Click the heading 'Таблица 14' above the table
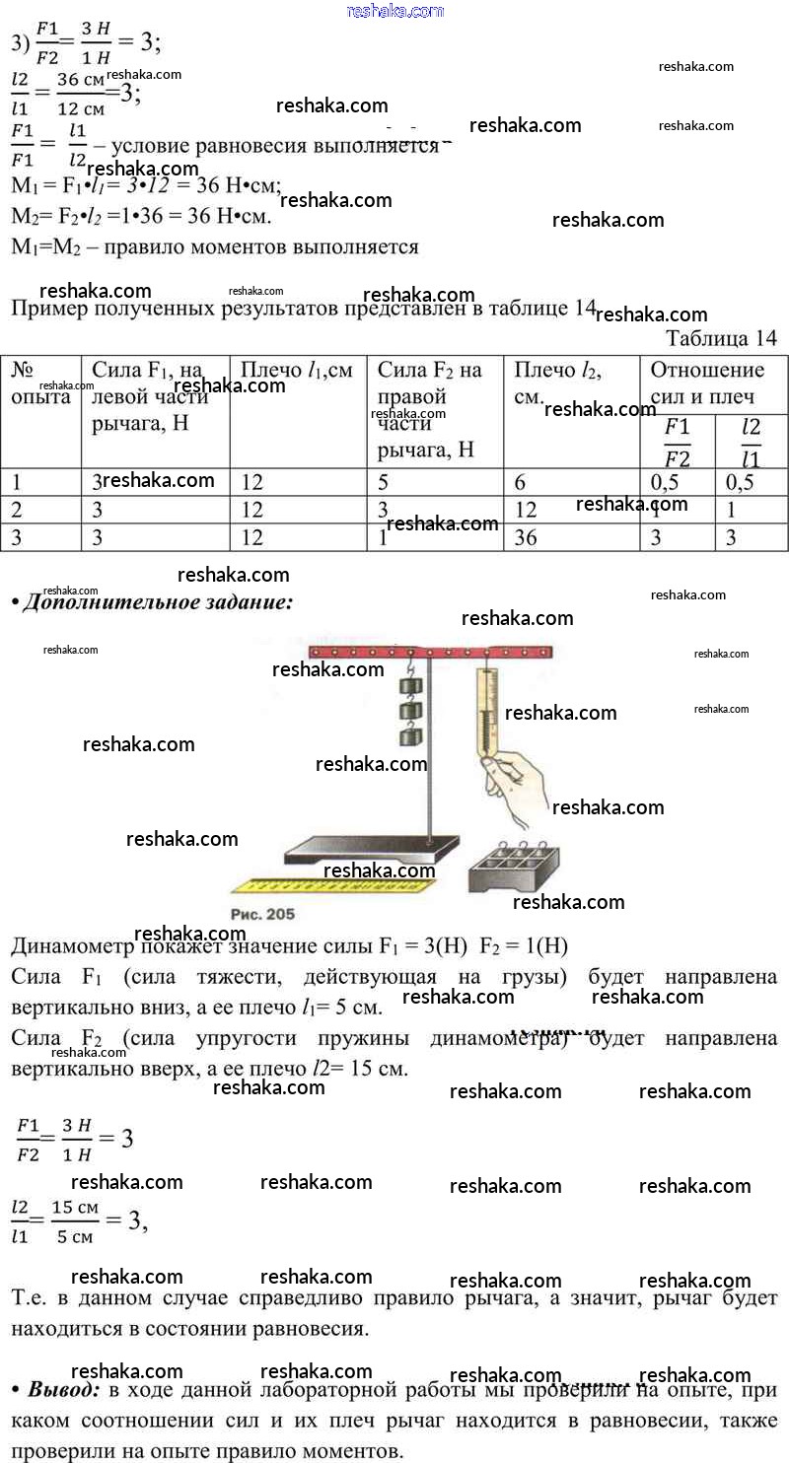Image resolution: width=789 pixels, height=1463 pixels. coord(721,338)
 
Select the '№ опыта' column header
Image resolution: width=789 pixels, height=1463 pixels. coord(40,383)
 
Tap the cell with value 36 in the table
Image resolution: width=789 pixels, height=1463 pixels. coord(525,538)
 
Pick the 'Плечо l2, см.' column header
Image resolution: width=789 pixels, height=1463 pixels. coord(557,383)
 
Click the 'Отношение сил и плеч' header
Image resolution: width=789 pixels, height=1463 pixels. coord(707,383)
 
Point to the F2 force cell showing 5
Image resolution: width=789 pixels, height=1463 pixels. coord(384,482)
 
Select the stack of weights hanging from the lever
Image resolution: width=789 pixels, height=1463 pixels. coord(410,710)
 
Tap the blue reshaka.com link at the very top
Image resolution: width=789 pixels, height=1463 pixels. coord(395,11)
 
